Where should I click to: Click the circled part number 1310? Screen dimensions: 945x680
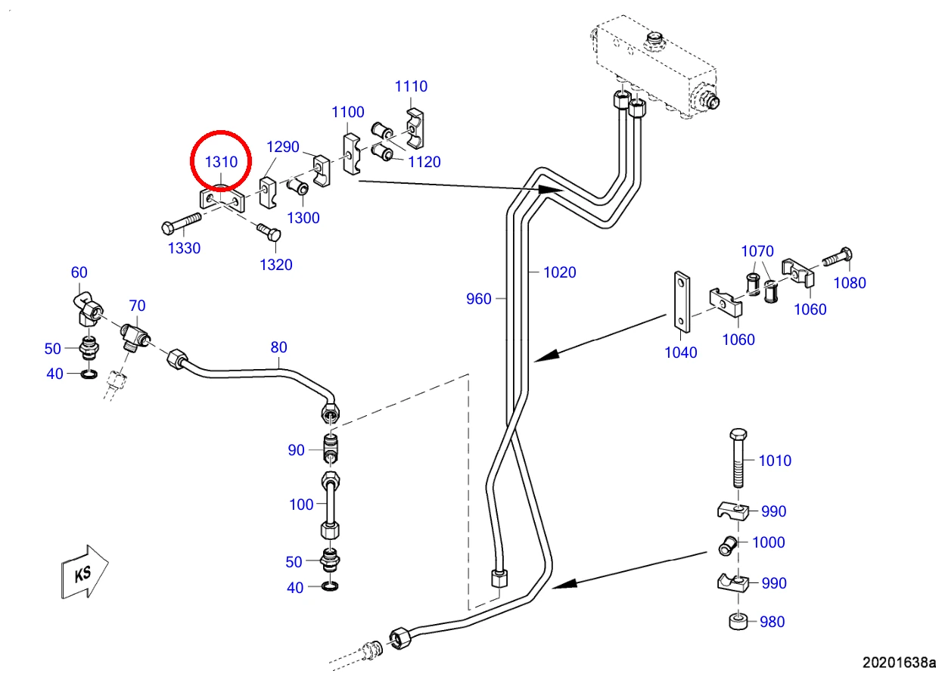pos(221,162)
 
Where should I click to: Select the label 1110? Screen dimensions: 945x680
pos(411,86)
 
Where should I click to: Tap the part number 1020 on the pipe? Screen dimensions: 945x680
pos(559,272)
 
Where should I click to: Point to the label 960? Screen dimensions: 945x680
pos(479,299)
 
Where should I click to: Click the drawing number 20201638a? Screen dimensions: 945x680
pos(899,663)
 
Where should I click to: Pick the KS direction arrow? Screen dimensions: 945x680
pos(85,572)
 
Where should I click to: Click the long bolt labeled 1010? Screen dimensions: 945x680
pos(738,458)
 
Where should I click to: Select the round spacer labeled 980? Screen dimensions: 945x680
pos(738,623)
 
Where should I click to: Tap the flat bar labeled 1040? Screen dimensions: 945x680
pos(682,302)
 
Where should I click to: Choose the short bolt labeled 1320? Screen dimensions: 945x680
pos(269,231)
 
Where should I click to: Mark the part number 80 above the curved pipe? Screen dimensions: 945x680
pos(278,347)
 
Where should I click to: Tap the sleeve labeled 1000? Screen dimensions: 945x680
pos(727,545)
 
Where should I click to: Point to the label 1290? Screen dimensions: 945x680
pos(283,147)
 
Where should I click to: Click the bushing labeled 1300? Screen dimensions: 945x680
pos(298,186)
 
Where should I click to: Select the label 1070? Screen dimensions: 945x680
pos(757,251)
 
